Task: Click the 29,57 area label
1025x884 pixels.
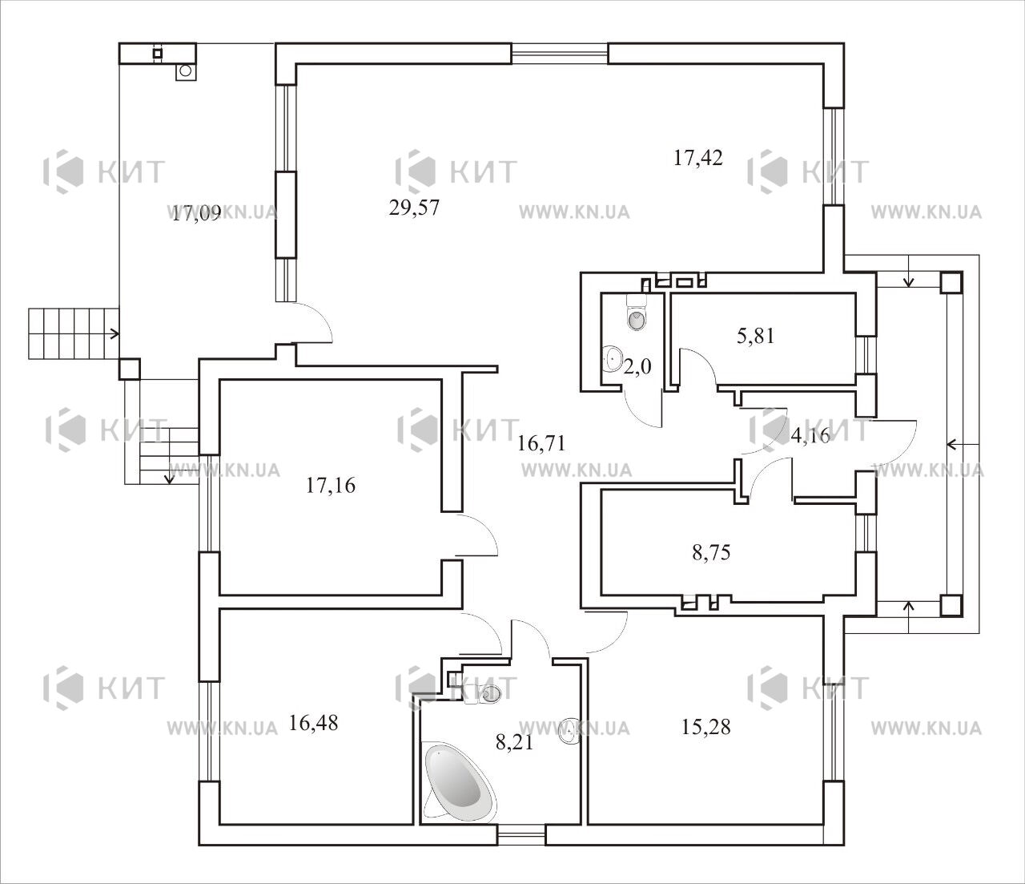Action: (x=414, y=208)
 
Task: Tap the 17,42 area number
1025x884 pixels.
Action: (x=697, y=158)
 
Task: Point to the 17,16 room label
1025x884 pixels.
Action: (x=330, y=486)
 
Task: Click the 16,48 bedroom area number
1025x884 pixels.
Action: (x=313, y=723)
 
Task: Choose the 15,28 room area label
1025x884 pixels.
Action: (x=705, y=727)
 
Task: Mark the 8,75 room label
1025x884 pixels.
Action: (x=711, y=552)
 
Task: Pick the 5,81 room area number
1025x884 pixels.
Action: (x=755, y=336)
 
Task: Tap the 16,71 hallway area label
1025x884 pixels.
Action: (x=541, y=442)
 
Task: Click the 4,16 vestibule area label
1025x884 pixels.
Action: (x=810, y=435)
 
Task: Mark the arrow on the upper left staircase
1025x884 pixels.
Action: (x=114, y=333)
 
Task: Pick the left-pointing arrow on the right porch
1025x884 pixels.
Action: (x=963, y=444)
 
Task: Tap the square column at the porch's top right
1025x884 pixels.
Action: (x=951, y=282)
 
